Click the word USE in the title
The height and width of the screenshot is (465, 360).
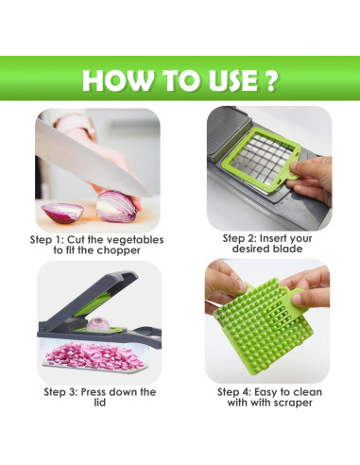pyautogui.click(x=221, y=80)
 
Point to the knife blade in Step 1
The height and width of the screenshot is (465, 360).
pyautogui.click(x=94, y=150)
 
